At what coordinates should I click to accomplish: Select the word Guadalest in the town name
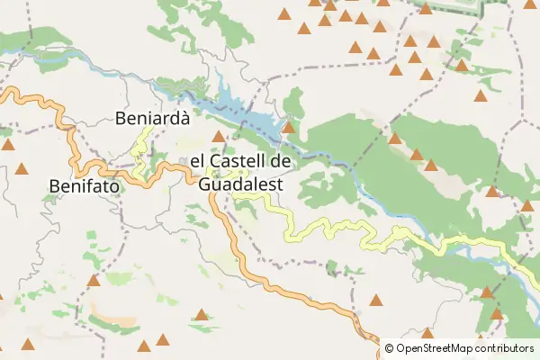click(239, 184)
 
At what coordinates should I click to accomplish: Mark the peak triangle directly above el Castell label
click(218, 136)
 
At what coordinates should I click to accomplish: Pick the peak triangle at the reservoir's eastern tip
click(288, 128)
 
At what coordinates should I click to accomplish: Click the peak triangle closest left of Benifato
click(22, 167)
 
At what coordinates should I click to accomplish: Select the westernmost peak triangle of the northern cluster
click(284, 13)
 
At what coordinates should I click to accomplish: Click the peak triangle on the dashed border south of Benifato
click(93, 280)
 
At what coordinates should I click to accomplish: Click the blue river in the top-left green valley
click(54, 58)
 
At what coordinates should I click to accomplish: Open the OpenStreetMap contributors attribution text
click(464, 347)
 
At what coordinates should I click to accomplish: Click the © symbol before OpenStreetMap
click(389, 347)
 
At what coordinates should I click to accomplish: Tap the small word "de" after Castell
click(281, 162)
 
